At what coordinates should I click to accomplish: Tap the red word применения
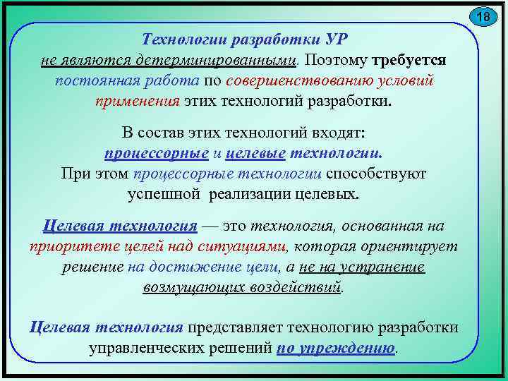137,100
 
